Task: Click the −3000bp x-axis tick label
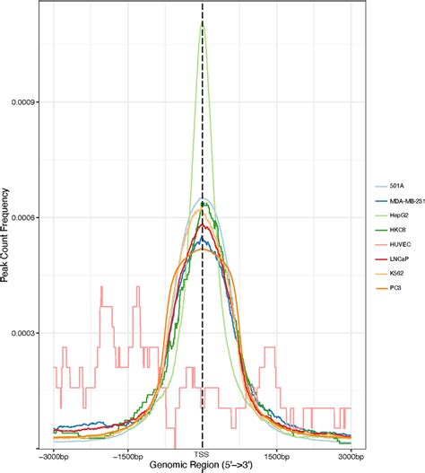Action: click(x=55, y=452)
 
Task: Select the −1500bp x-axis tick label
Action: click(x=128, y=452)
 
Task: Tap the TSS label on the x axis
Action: click(x=203, y=452)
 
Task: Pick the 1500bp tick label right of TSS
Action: click(x=277, y=452)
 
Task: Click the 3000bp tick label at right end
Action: click(x=351, y=452)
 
